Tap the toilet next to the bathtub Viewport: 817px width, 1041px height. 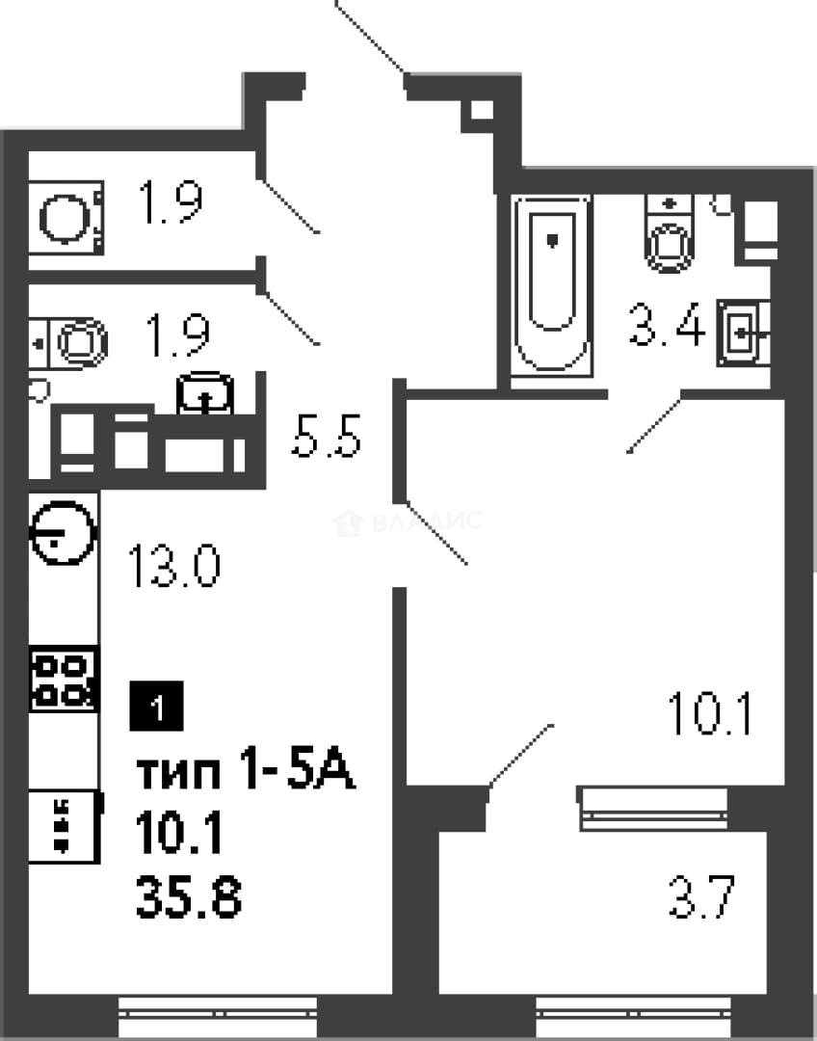pyautogui.click(x=669, y=233)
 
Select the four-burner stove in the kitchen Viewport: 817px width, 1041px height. pyautogui.click(x=64, y=680)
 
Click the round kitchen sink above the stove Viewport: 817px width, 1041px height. pyautogui.click(x=64, y=533)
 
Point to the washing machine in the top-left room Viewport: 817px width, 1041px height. pyautogui.click(x=66, y=217)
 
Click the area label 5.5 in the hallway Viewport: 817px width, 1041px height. pyautogui.click(x=326, y=436)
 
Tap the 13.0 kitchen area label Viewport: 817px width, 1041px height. pyautogui.click(x=173, y=566)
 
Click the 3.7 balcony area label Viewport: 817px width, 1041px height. pyautogui.click(x=701, y=896)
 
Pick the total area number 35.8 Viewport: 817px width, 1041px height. pyautogui.click(x=189, y=896)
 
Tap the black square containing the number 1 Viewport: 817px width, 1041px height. pyautogui.click(x=156, y=707)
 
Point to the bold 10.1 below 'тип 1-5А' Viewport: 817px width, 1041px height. pyautogui.click(x=178, y=833)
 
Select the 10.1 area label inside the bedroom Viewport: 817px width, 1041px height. pyautogui.click(x=709, y=713)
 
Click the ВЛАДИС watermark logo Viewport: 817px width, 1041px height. pyautogui.click(x=408, y=522)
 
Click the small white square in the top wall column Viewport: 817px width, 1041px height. pyautogui.click(x=481, y=110)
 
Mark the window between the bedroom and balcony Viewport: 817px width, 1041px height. pyautogui.click(x=653, y=809)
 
